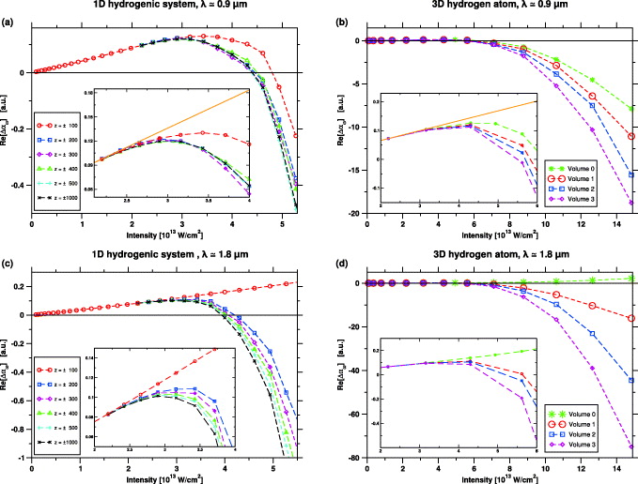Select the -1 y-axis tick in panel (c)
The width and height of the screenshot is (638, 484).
pyautogui.click(x=24, y=458)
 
